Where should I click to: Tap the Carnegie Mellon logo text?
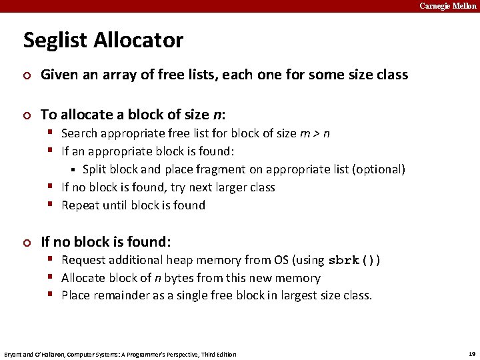[447, 6]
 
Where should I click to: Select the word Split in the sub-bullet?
[95, 169]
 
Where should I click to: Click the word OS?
[281, 260]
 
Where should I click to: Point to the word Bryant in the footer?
[14, 354]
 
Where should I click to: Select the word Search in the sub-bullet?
[80, 133]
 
